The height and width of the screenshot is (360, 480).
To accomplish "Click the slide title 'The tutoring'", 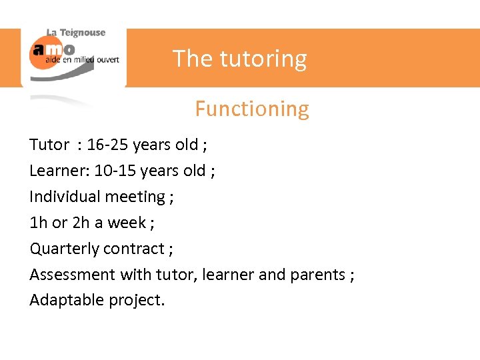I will point(240,59).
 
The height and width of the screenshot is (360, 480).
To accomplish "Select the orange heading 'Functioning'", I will point(251,109).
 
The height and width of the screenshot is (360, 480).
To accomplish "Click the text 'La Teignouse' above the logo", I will point(75,33).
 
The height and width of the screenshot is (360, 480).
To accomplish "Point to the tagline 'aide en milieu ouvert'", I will point(82,59).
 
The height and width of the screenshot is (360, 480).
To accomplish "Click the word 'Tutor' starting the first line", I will point(49,145).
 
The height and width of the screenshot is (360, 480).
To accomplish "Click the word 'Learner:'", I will point(59,171).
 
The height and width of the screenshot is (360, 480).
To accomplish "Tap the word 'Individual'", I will point(63,197).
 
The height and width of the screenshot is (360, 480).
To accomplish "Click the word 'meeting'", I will point(133,197).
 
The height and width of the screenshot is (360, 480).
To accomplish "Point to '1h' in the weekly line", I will point(37,223).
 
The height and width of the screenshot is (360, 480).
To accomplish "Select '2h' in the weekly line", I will point(81,223).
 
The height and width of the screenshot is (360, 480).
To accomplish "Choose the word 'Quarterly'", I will point(63,249).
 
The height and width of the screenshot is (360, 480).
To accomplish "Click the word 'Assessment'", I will point(73,275).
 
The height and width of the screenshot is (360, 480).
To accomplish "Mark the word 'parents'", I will point(317,275).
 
